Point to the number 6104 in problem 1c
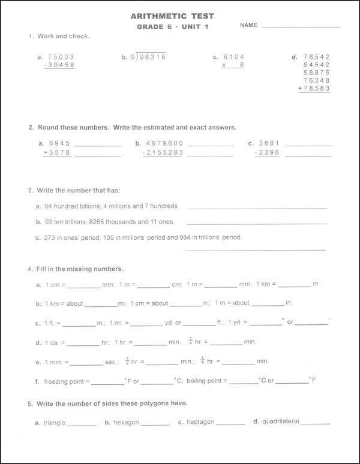233,57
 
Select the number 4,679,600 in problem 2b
164,144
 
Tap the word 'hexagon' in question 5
126,422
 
